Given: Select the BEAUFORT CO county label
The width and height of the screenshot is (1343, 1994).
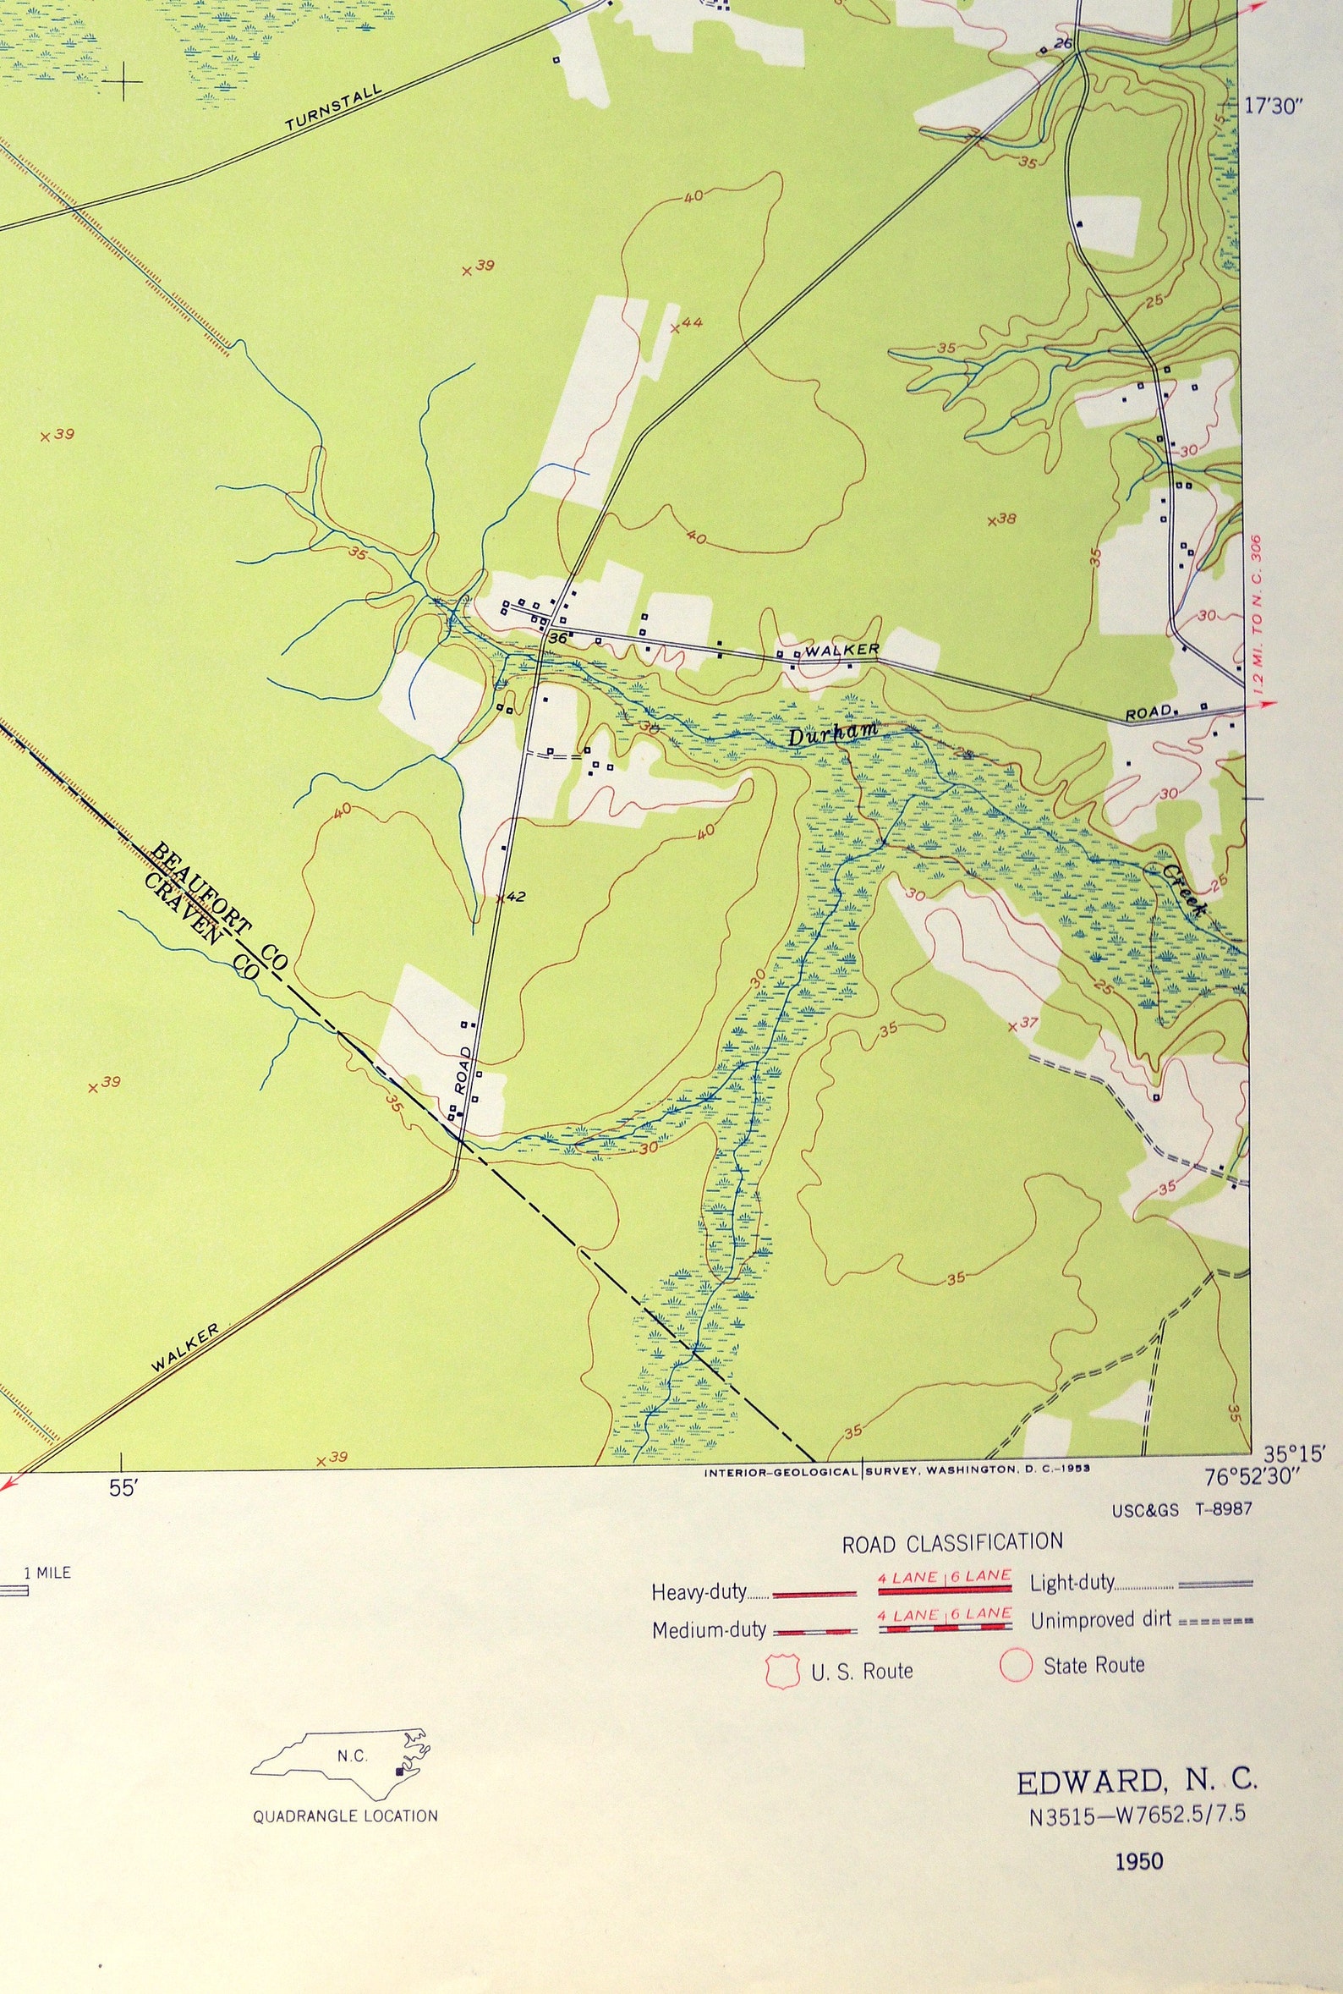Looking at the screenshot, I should pos(219,906).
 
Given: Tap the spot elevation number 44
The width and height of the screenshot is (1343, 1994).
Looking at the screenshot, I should pos(692,323).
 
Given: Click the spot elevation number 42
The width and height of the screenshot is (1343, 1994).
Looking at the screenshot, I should pos(515,897).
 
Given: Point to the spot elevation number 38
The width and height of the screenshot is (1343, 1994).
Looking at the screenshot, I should pos(1007,519).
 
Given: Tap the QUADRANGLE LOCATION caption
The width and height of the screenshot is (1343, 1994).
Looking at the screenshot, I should pos(345,1815).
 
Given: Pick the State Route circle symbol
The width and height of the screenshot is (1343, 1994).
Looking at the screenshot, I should pos(1016,1666).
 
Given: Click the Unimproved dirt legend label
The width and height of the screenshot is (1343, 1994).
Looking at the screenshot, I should pos(1100,1621).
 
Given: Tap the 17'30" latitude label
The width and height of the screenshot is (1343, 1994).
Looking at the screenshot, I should pos(1274,107).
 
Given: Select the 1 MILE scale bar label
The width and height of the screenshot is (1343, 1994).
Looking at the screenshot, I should pos(47,1573).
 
